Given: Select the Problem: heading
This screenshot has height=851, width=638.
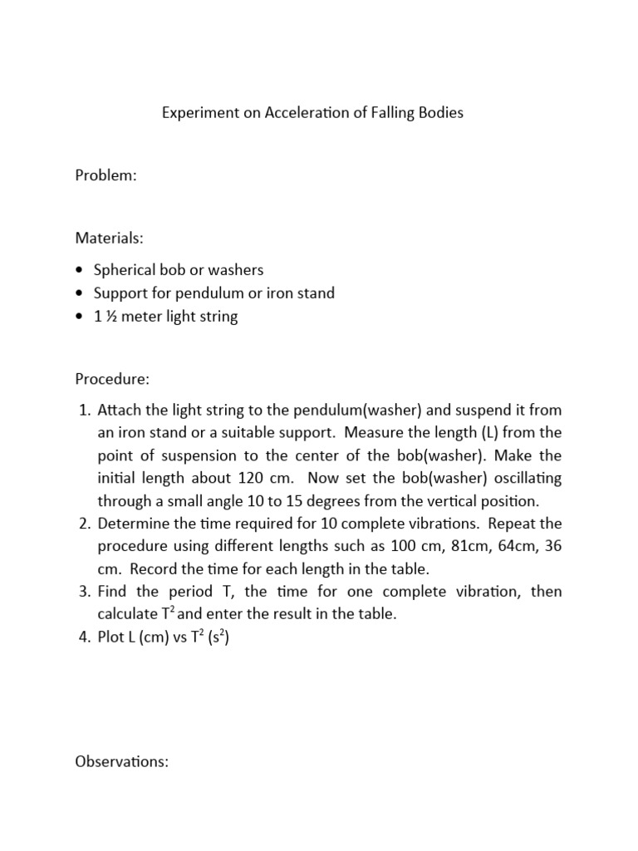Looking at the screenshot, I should coord(106,176).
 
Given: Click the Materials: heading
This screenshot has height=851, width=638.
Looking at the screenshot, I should coord(109,239).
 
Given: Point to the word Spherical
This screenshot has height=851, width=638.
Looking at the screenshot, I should coord(124,270).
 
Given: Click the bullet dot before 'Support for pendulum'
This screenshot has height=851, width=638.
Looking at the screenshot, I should coord(79,293).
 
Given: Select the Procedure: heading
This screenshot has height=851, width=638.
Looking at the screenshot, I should coord(112,379).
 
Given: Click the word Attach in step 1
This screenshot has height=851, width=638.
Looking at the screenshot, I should coord(119,411).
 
